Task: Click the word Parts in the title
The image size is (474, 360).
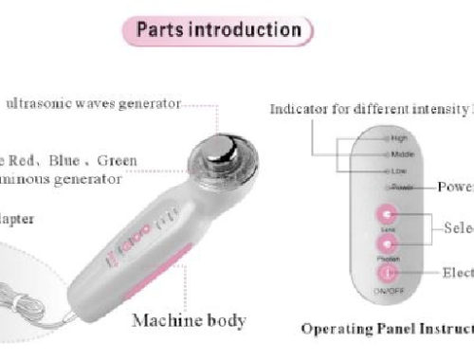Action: (x=160, y=28)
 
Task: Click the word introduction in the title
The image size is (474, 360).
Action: (x=242, y=28)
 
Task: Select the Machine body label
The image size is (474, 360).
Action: (x=189, y=320)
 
